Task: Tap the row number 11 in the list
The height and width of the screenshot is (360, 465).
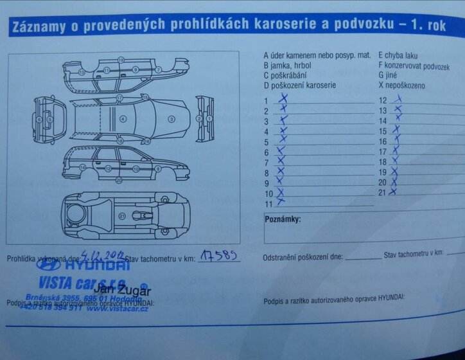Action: click(268, 204)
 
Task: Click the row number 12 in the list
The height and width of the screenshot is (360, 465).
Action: click(383, 101)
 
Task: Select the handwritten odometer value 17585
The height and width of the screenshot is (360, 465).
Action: click(220, 256)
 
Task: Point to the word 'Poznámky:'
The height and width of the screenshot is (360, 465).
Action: click(283, 219)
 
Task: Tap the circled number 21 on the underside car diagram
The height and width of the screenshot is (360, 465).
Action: click(122, 216)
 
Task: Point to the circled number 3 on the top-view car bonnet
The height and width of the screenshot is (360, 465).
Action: click(171, 119)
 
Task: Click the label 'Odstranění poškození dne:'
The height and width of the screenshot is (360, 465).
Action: click(303, 258)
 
